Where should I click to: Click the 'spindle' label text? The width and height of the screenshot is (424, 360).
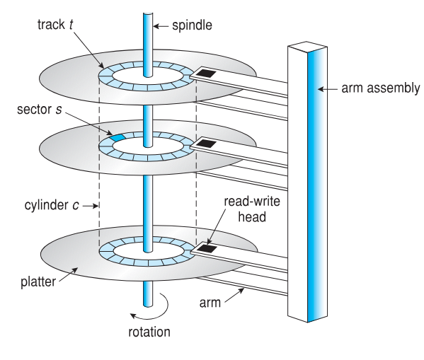(192, 25)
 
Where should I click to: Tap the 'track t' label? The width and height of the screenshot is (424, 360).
(55, 25)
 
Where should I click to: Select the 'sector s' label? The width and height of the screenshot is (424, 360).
(40, 110)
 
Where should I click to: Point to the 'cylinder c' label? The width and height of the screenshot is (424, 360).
(52, 205)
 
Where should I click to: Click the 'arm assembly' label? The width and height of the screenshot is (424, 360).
(381, 88)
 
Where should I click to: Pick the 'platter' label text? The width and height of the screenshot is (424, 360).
(38, 281)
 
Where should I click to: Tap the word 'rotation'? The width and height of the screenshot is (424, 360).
(149, 332)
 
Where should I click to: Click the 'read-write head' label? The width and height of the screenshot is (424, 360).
(252, 209)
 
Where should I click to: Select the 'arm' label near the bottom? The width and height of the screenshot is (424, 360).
(210, 303)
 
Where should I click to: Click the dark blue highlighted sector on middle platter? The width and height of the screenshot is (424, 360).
(118, 137)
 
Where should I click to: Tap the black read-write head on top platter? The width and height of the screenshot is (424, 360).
(205, 72)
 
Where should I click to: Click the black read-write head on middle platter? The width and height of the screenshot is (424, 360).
(206, 144)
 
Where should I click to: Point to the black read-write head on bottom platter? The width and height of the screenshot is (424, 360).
(207, 248)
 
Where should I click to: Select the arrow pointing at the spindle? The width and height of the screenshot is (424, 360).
(161, 26)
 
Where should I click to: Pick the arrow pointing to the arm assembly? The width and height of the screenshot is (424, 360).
(327, 88)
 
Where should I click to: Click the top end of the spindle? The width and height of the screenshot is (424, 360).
(148, 14)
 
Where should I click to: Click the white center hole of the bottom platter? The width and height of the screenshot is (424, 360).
(148, 251)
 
